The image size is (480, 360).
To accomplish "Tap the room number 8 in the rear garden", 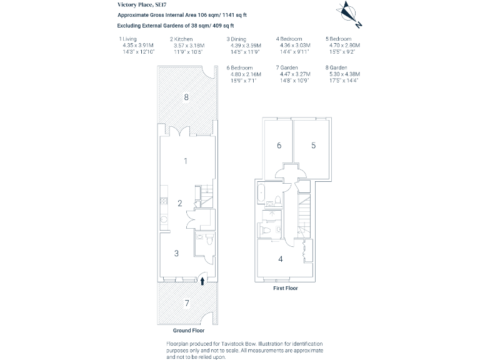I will click(x=186, y=96).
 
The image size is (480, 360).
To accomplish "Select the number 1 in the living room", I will click(x=186, y=161).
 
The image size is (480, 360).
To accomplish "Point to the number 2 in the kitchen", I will click(x=179, y=202).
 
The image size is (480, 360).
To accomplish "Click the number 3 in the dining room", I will click(x=177, y=253).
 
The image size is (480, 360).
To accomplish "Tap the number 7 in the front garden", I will click(x=186, y=303).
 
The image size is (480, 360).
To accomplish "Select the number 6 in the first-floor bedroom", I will click(x=279, y=145).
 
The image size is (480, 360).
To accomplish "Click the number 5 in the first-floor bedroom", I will click(x=314, y=145).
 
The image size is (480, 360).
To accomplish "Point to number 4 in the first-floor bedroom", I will click(x=280, y=259).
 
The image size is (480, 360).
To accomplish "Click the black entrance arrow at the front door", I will click(x=202, y=281).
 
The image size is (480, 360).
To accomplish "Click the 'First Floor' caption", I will click(x=286, y=289).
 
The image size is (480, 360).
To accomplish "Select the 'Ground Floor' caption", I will click(x=189, y=330).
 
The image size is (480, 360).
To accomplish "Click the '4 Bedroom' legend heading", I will click(x=289, y=39).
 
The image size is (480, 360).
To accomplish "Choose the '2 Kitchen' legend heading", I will click(x=181, y=39).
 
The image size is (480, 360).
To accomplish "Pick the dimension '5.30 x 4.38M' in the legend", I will click(x=344, y=74).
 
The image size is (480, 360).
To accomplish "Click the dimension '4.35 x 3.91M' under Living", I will click(x=137, y=46).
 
